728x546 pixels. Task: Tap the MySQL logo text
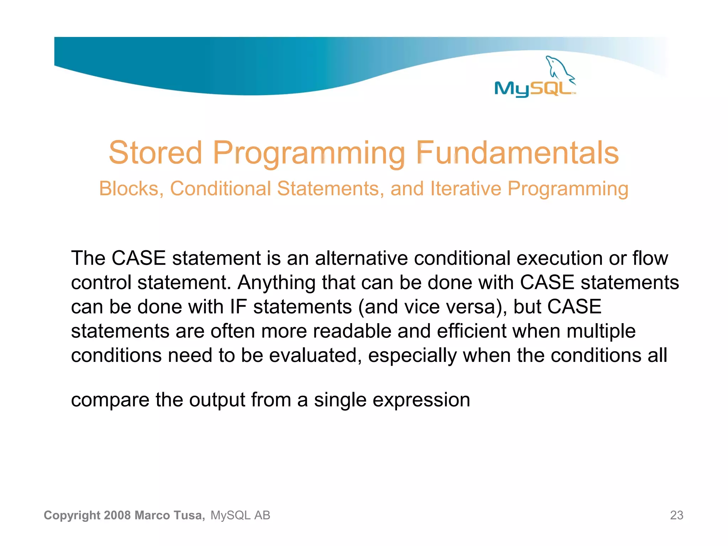pos(533,89)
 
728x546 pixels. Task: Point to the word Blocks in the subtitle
pos(129,188)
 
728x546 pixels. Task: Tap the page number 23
pos(676,515)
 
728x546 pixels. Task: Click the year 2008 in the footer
pos(118,515)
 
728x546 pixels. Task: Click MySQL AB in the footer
pos(240,515)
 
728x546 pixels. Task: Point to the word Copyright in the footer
pos(72,515)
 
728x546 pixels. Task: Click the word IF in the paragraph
pos(238,306)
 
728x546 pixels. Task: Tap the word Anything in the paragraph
pos(276,283)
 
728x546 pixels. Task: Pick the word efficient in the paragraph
pos(471,331)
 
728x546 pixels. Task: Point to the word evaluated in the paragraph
pos(313,355)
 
